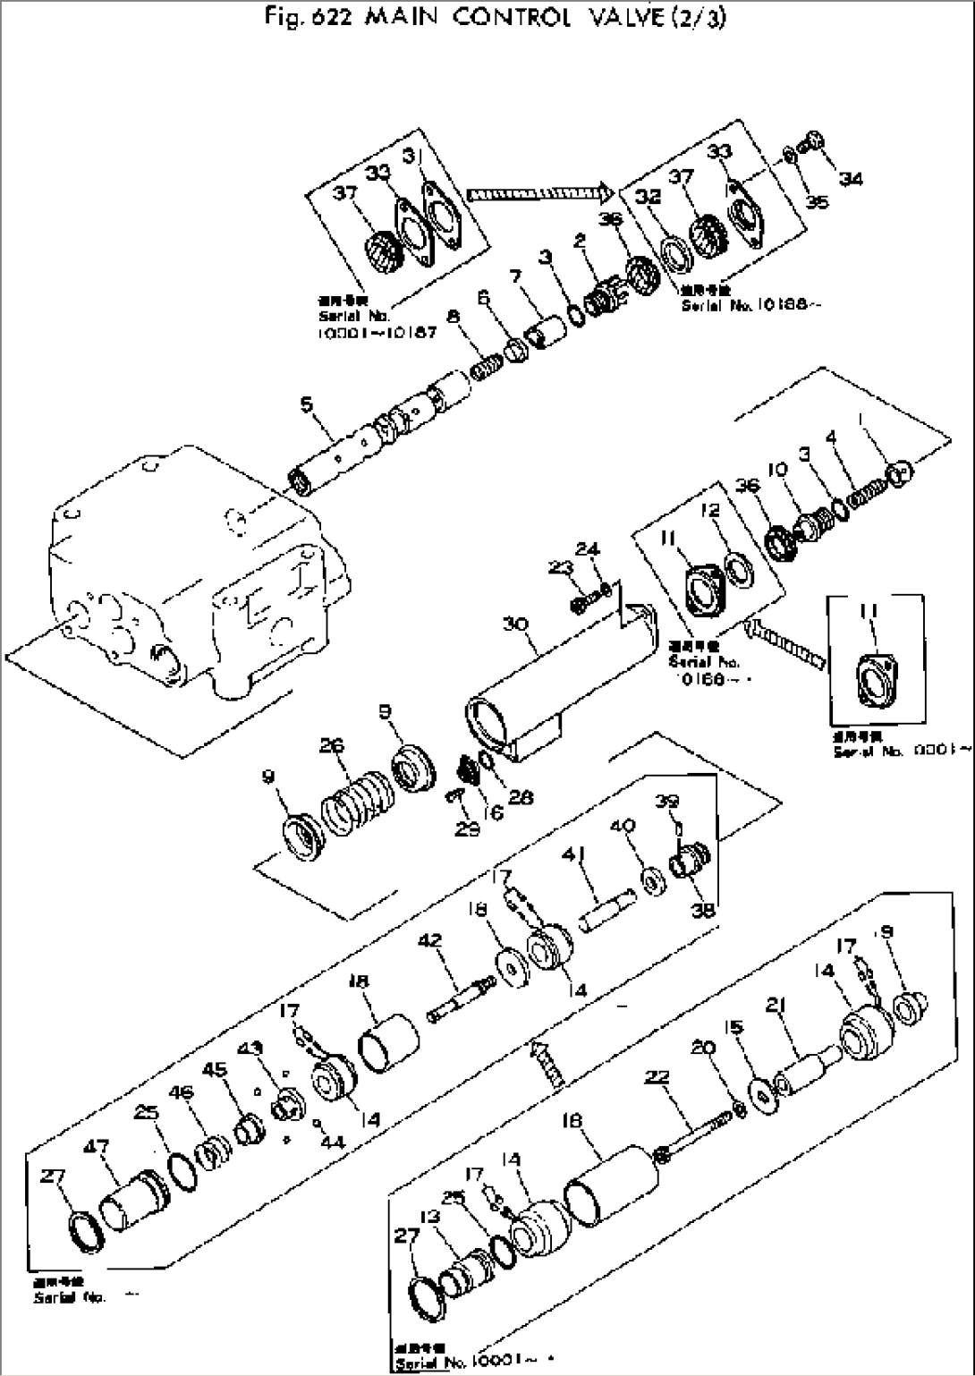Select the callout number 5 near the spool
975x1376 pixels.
pos(308,404)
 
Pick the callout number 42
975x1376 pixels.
pos(430,939)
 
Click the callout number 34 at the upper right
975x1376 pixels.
pos(852,179)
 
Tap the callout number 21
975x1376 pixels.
pos(776,1009)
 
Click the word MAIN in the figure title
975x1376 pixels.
pos(401,18)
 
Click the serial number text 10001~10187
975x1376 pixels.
pos(376,333)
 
